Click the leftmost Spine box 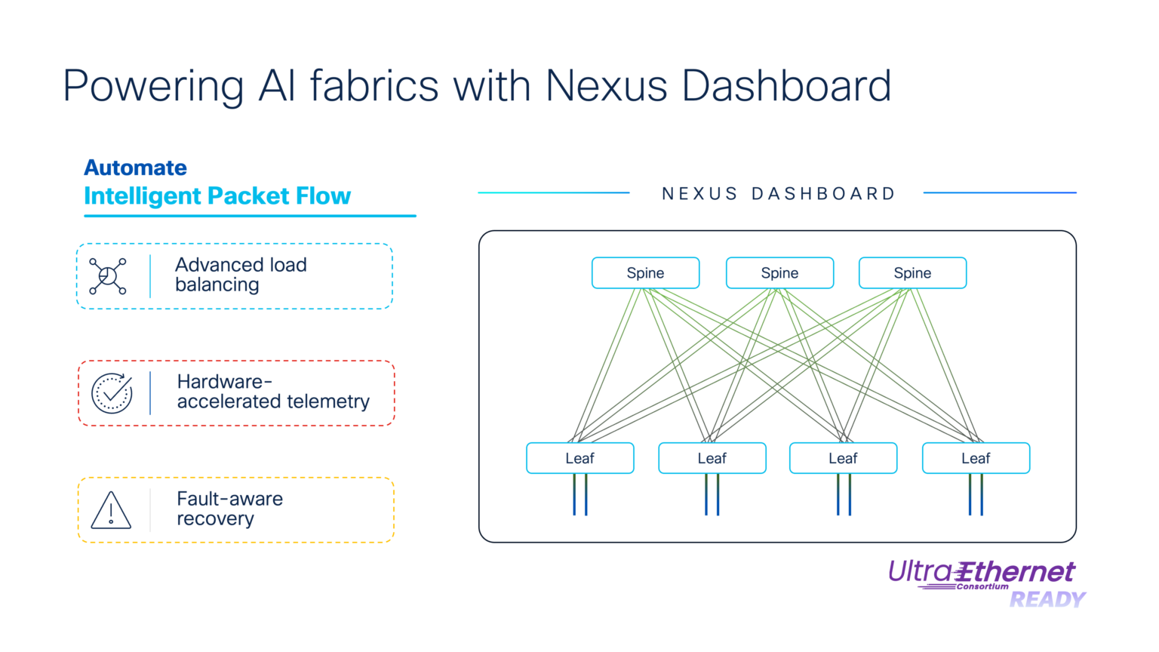click(645, 273)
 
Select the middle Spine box click(779, 273)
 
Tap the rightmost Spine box click(912, 273)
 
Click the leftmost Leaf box click(579, 458)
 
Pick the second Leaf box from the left click(712, 458)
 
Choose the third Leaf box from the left click(843, 458)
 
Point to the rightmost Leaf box click(976, 458)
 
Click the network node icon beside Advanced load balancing click(108, 276)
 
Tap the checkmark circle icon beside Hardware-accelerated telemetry click(112, 393)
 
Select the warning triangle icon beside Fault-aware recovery click(111, 511)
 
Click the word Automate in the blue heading click(135, 168)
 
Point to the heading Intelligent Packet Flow click(217, 196)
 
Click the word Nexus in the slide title click(606, 85)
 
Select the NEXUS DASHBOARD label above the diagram click(778, 194)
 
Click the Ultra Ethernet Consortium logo click(982, 574)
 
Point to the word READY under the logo click(1047, 600)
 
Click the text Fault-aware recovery click(229, 509)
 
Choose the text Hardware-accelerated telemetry click(272, 392)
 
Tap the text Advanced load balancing click(241, 275)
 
